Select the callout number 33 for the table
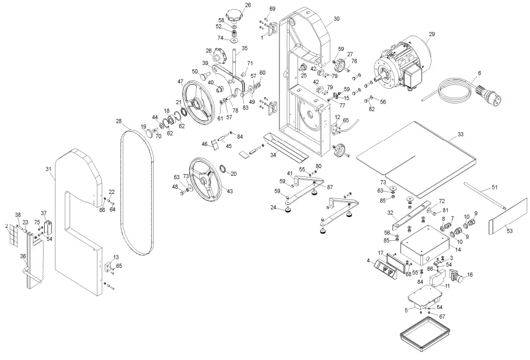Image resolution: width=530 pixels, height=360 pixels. (460, 135)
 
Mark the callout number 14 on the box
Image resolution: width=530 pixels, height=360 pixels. (458, 249)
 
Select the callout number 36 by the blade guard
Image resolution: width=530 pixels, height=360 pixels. (23, 256)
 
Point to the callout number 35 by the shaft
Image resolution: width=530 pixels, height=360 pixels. (244, 49)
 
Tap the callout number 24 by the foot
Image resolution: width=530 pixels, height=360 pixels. (273, 207)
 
